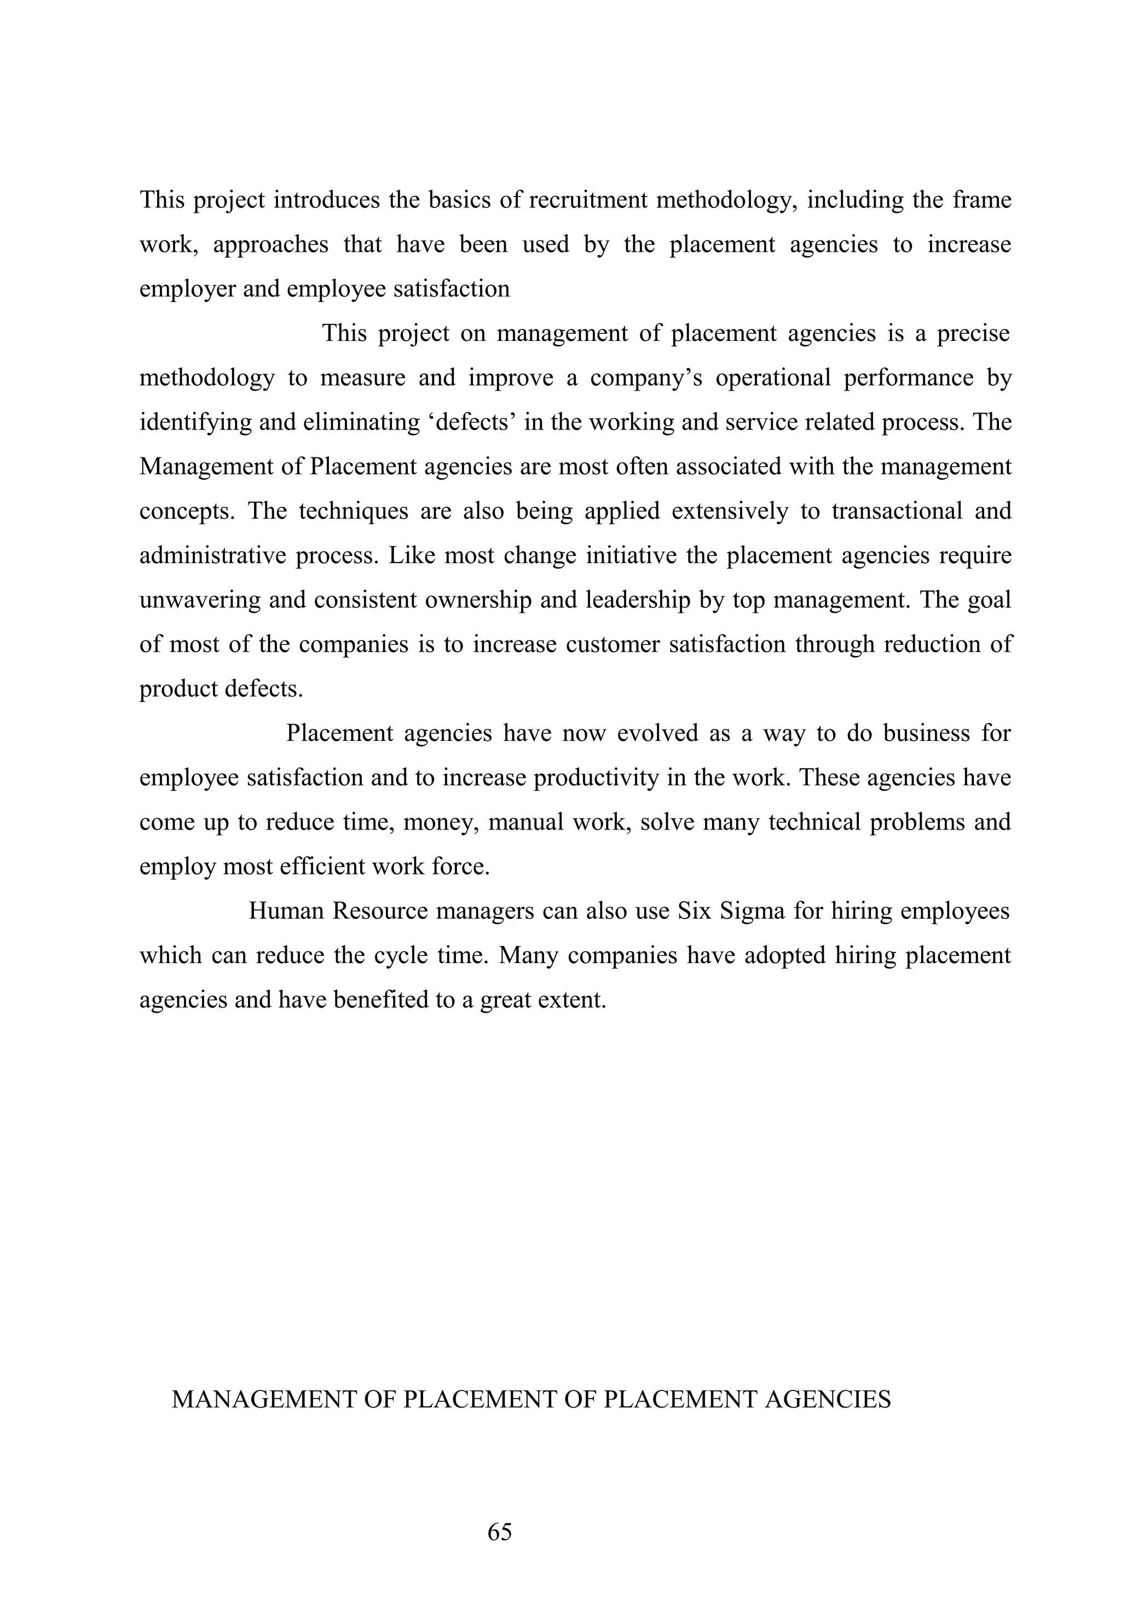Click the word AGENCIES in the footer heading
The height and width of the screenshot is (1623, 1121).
828,1399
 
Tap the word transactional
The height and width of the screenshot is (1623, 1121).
897,511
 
